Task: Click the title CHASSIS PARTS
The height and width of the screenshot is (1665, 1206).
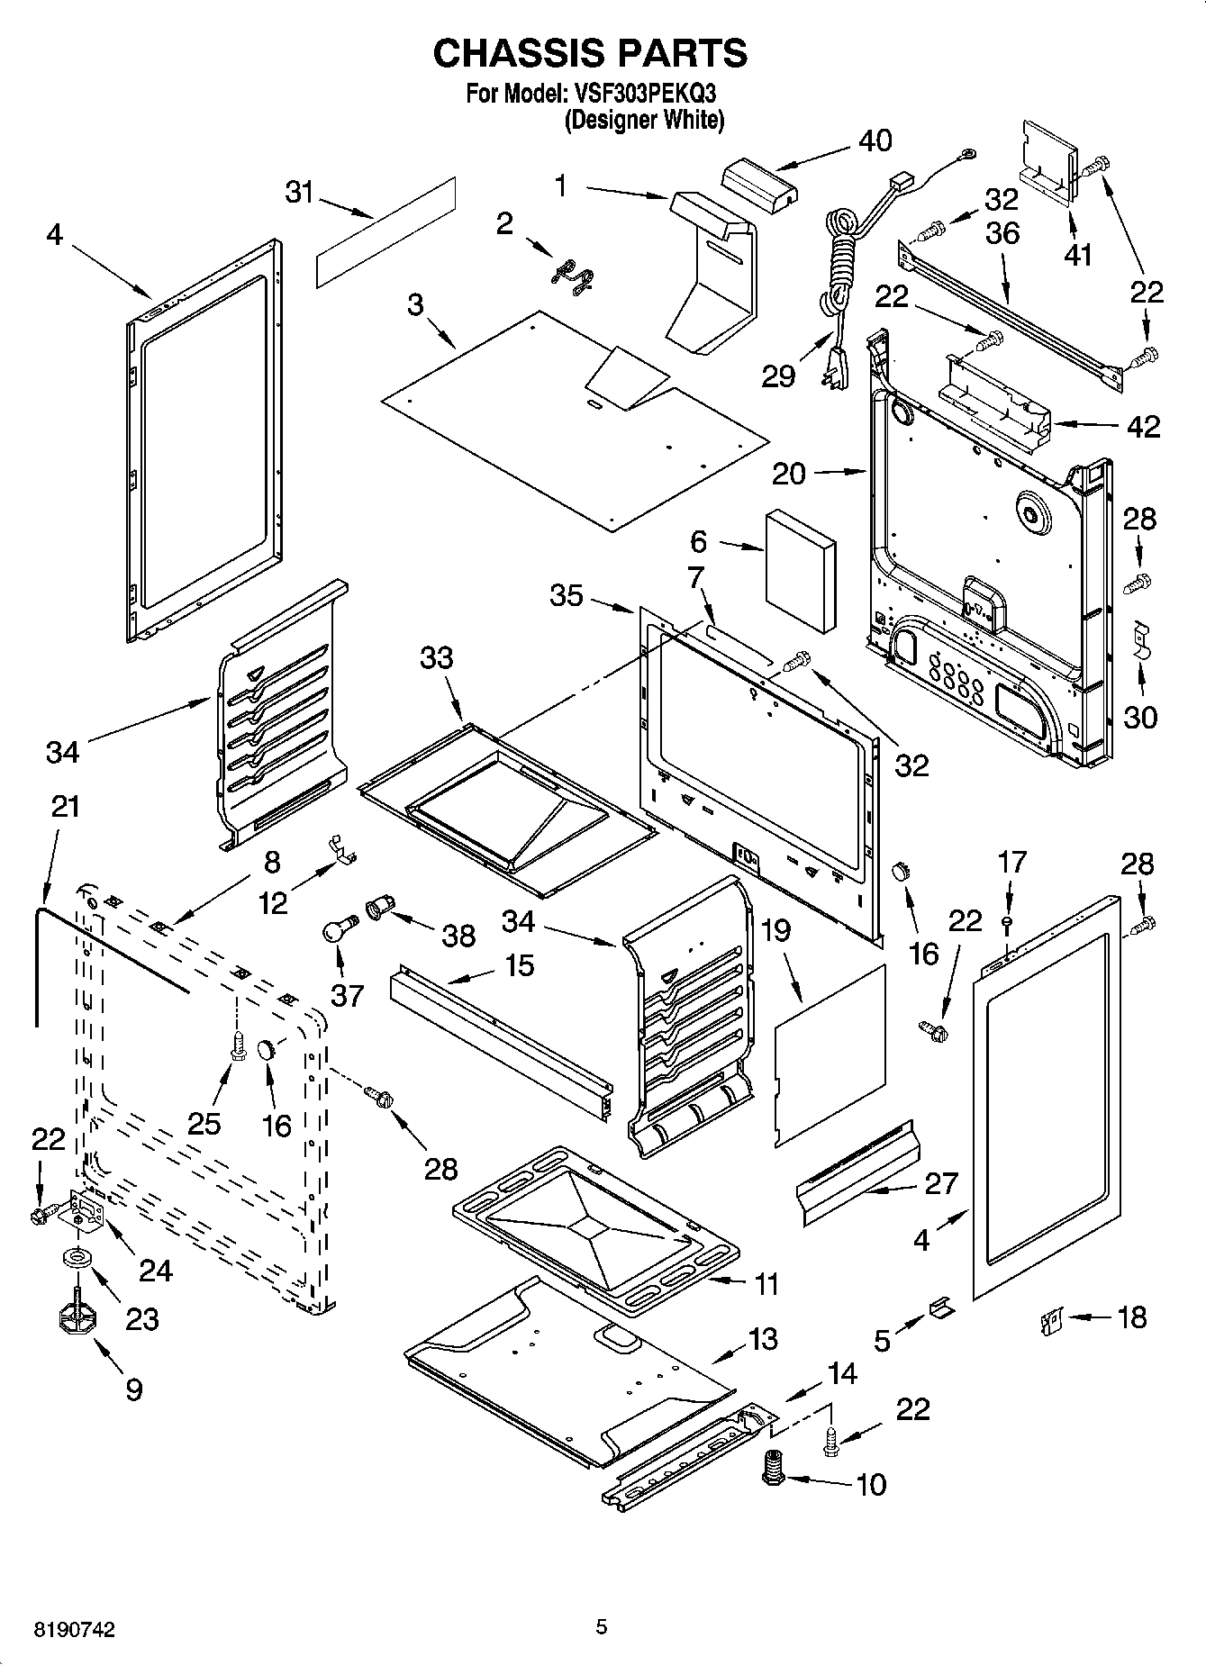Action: pos(590,53)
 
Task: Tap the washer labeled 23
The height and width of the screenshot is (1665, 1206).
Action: pos(77,1257)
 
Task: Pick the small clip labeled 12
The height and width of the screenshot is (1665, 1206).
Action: pos(341,849)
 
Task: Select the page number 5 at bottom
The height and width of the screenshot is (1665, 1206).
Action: pos(602,1626)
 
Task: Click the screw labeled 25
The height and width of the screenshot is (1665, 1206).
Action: pos(238,1046)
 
